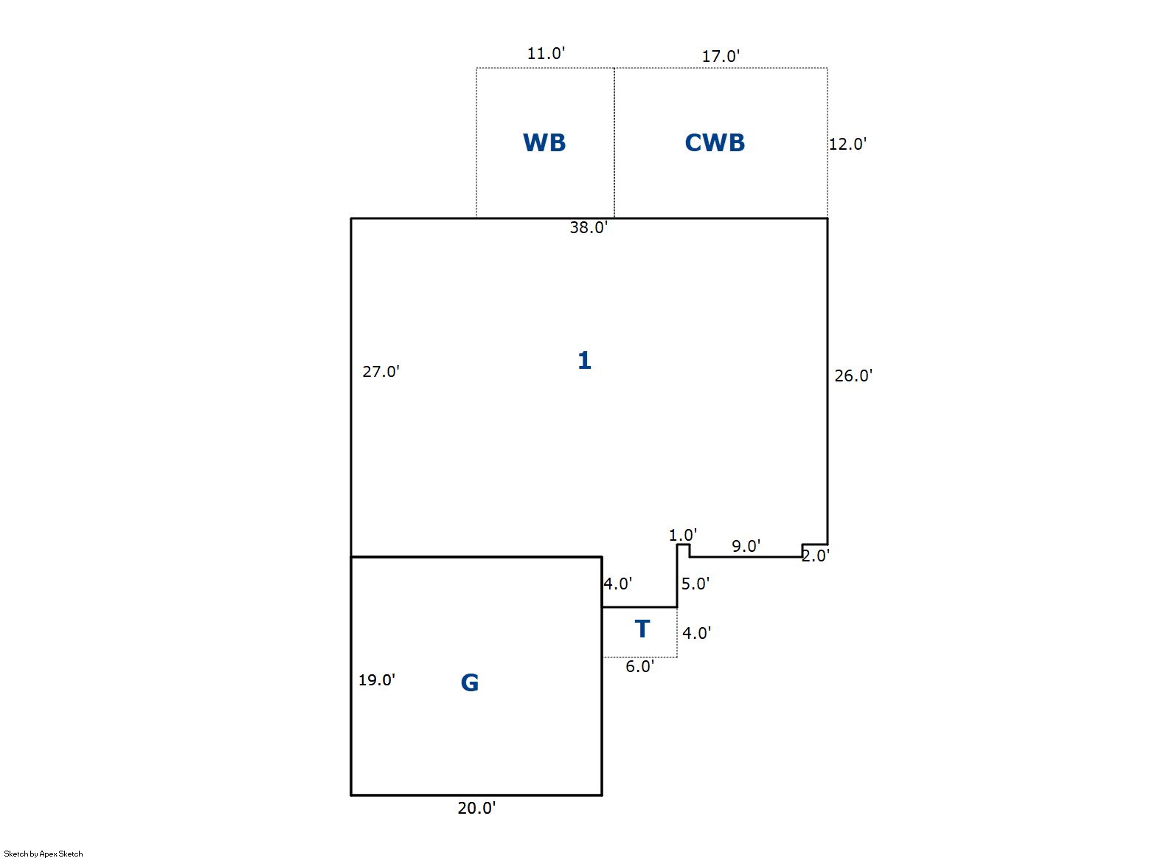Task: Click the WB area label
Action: click(544, 142)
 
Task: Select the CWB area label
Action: click(715, 142)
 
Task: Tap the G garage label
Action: click(470, 682)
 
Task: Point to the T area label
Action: click(642, 629)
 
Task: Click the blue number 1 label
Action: click(584, 360)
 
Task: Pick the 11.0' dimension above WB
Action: click(546, 53)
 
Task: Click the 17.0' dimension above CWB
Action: click(721, 56)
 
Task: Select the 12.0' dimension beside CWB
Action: click(847, 144)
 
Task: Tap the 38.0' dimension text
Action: click(589, 227)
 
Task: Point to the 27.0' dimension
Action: click(381, 372)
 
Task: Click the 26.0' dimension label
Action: click(853, 376)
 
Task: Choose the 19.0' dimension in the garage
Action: click(377, 680)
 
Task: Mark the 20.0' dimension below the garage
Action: click(476, 808)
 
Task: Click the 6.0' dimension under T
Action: click(639, 666)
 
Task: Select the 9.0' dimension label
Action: click(746, 546)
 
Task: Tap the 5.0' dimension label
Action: click(695, 584)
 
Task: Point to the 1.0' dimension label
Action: click(682, 535)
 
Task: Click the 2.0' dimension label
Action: click(815, 556)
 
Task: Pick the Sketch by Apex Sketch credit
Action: click(44, 854)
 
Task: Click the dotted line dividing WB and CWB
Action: click(614, 142)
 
